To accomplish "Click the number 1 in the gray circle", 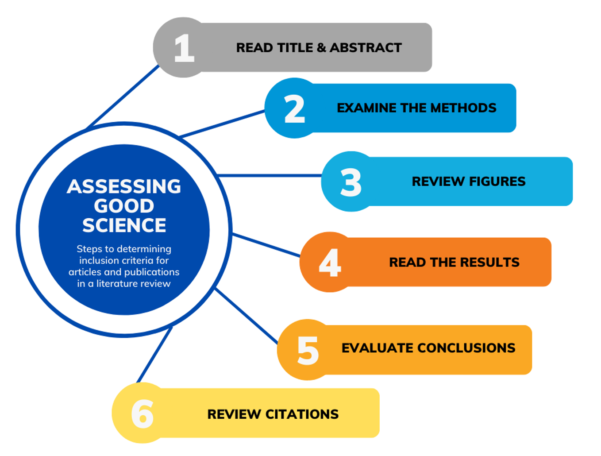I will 184,48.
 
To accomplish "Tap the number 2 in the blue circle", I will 294,109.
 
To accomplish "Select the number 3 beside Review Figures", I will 351,182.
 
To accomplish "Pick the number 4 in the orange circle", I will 330,263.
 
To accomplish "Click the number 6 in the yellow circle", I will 143,414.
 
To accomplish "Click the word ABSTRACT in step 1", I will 366,48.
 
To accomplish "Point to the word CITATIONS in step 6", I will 302,414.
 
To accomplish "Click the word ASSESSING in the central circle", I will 124,187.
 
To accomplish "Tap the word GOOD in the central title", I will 124,206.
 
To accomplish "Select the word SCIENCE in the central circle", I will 124,226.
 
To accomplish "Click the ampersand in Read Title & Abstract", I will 321,48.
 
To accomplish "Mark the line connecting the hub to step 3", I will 270,176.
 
